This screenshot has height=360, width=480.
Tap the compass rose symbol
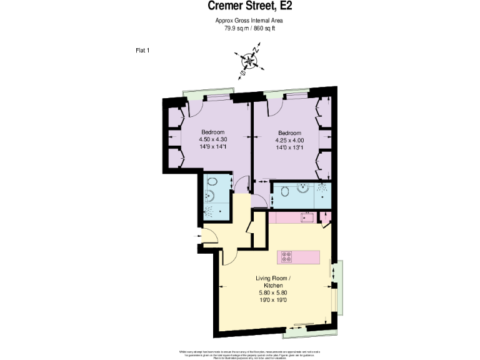point(250,61)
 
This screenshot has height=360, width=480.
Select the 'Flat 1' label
point(142,50)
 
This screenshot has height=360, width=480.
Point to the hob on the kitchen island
point(287,256)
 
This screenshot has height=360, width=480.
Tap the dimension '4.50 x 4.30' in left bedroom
point(213,139)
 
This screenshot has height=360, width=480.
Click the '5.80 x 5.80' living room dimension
point(273,292)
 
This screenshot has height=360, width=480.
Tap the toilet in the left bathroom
point(212,182)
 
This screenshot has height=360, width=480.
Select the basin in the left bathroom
point(211,197)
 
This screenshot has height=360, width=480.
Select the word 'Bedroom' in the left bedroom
point(213,132)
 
